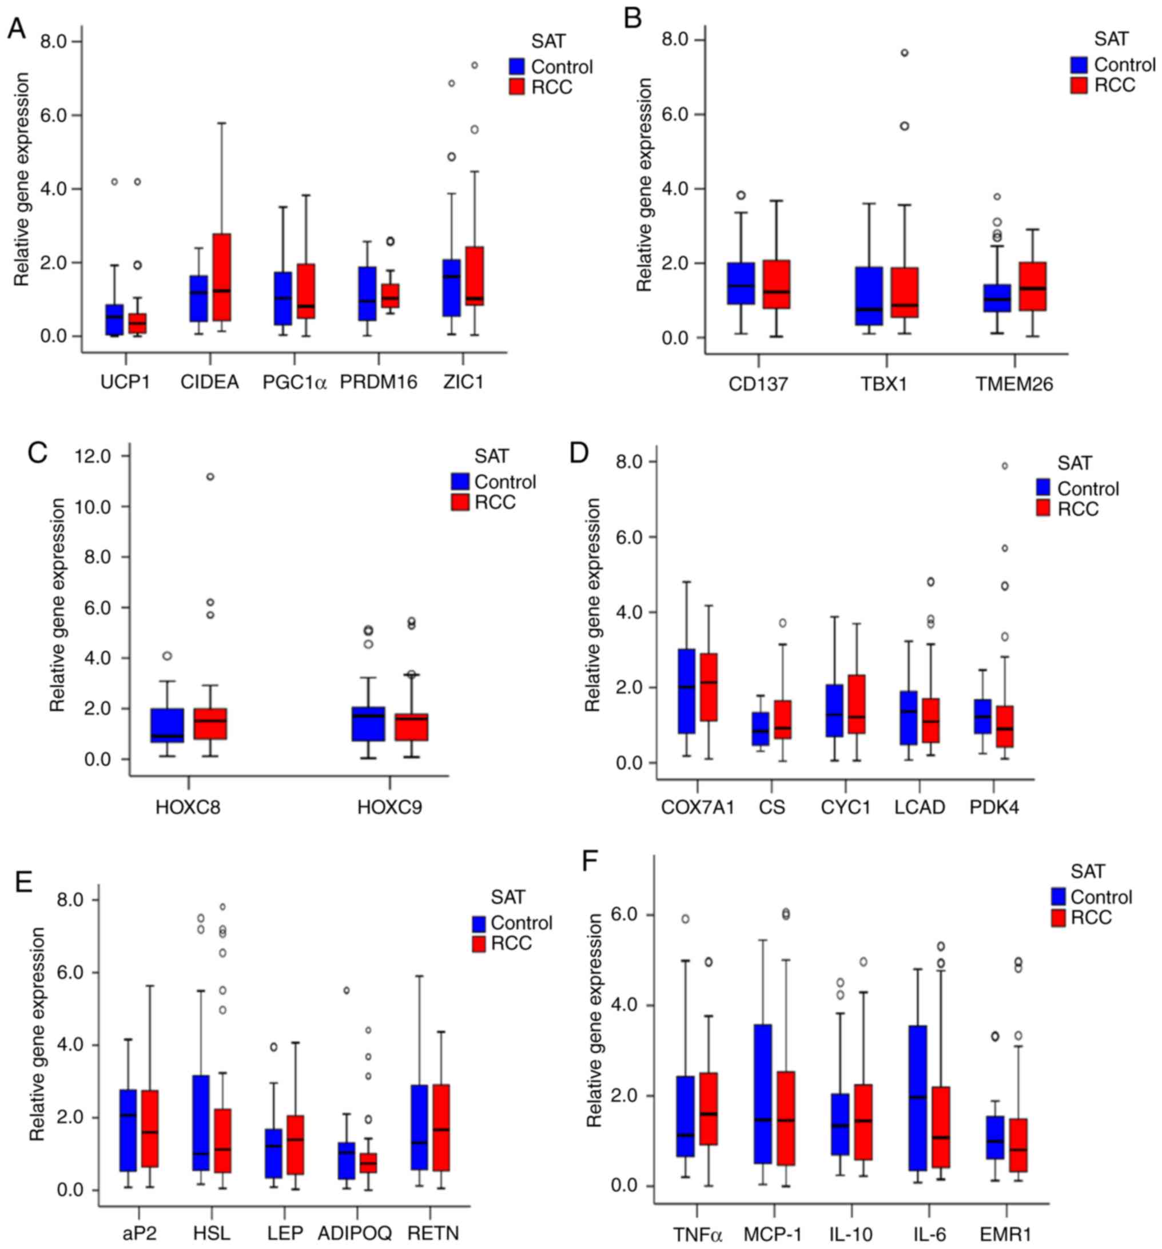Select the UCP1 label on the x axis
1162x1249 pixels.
pos(125,383)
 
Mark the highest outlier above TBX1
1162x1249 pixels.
pos(905,53)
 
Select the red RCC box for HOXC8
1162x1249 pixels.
pos(213,724)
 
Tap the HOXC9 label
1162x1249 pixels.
pos(389,808)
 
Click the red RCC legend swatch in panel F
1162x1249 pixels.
pos(1058,918)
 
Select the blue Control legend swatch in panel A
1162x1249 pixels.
pos(517,66)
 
